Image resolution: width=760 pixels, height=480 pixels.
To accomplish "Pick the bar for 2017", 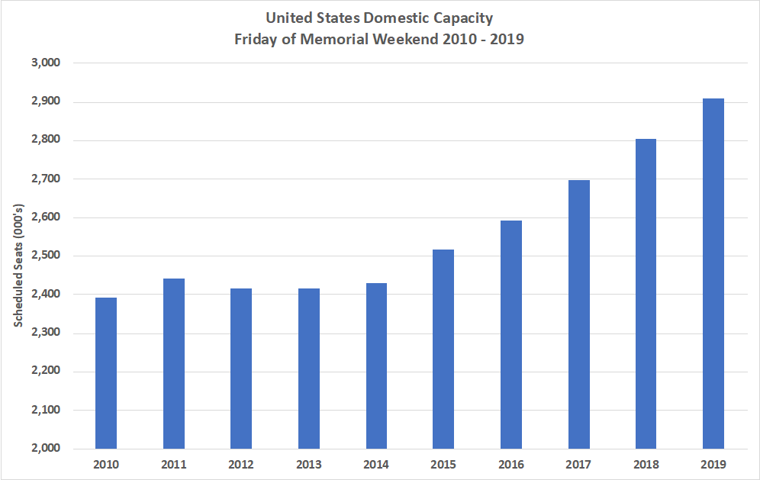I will pyautogui.click(x=578, y=314).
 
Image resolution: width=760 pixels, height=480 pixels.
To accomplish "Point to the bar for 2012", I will pyautogui.click(x=241, y=368).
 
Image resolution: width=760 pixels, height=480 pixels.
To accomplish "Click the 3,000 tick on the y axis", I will pyautogui.click(x=47, y=63).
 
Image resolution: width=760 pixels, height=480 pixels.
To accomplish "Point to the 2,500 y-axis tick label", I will pyautogui.click(x=47, y=256).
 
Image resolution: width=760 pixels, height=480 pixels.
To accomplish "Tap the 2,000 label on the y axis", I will pyautogui.click(x=47, y=448).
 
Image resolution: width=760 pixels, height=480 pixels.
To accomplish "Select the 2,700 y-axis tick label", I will pyautogui.click(x=47, y=179).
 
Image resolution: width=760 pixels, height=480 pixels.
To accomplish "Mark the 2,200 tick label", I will pyautogui.click(x=47, y=372).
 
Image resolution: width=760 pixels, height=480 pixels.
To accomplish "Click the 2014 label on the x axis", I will pyautogui.click(x=375, y=463).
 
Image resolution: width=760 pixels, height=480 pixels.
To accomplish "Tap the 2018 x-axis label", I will pyautogui.click(x=646, y=463).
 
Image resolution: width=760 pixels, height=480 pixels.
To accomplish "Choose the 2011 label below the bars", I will pyautogui.click(x=173, y=463).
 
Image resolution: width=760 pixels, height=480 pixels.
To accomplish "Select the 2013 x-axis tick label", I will pyautogui.click(x=308, y=463).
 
